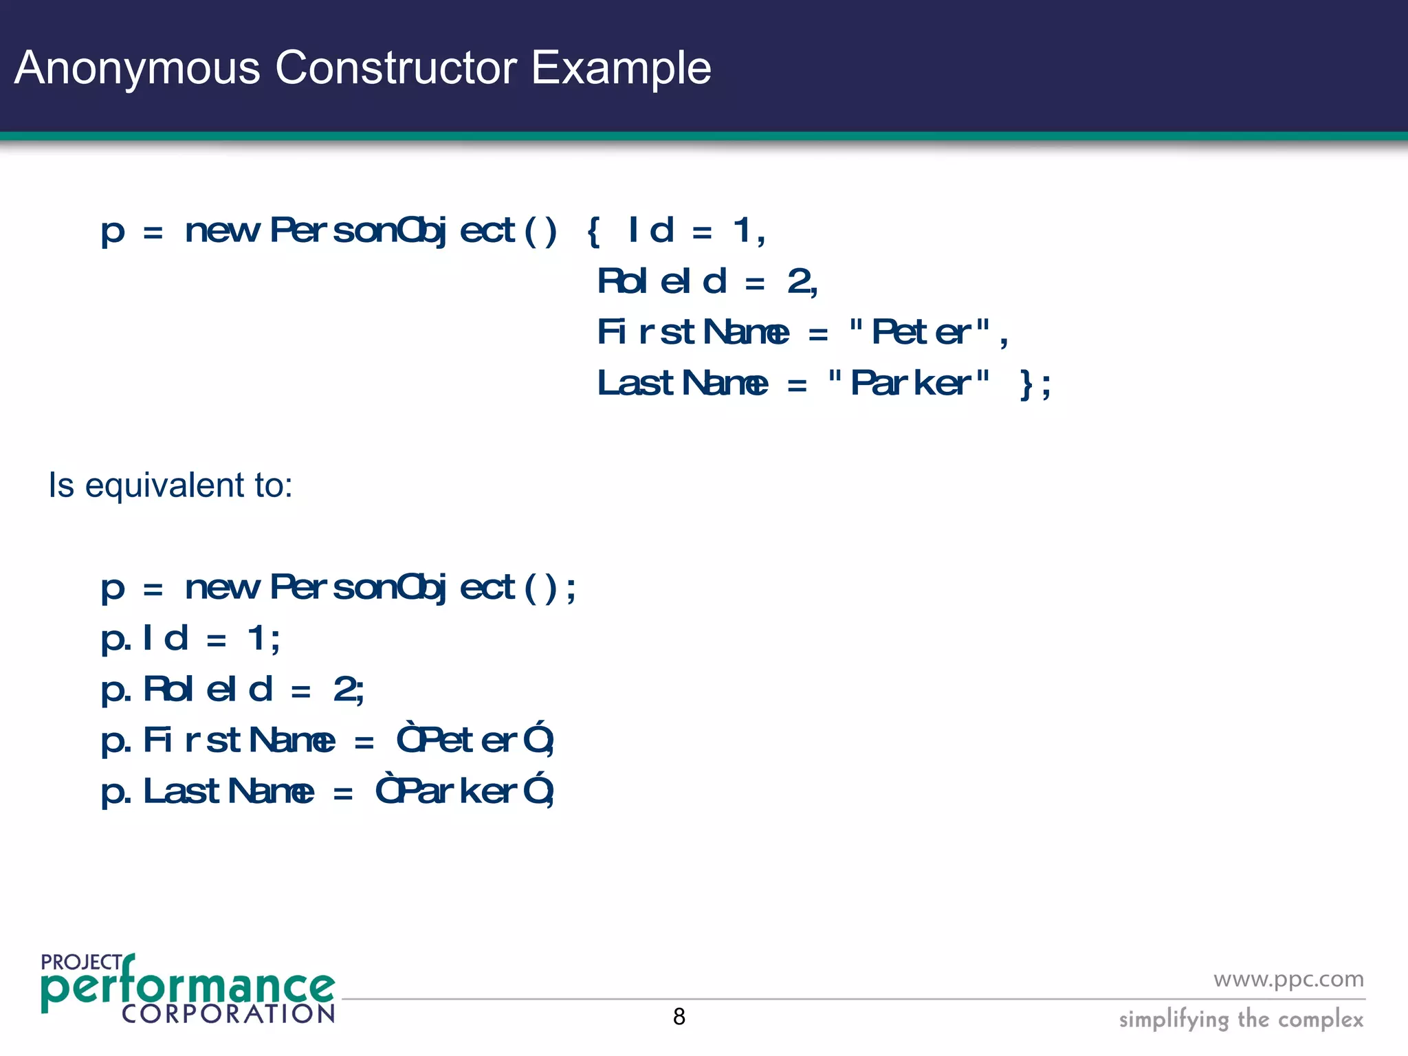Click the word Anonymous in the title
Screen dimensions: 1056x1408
click(137, 68)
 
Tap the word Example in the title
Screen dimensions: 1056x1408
click(621, 68)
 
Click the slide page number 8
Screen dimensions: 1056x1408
click(679, 1016)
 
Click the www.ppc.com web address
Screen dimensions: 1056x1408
click(1288, 978)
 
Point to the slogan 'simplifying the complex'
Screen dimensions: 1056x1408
click(1241, 1019)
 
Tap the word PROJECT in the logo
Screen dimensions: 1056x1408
click(81, 962)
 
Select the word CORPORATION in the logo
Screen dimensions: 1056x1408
click(228, 1013)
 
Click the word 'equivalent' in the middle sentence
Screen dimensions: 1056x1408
click(165, 485)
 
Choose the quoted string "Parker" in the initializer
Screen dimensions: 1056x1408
click(909, 384)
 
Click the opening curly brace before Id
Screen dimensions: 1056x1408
click(594, 231)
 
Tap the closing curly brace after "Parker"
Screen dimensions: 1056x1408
click(1026, 384)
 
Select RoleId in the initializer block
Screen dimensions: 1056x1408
click(661, 281)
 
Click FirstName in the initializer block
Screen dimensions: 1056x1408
click(693, 333)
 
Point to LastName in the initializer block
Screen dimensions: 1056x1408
click(682, 384)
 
